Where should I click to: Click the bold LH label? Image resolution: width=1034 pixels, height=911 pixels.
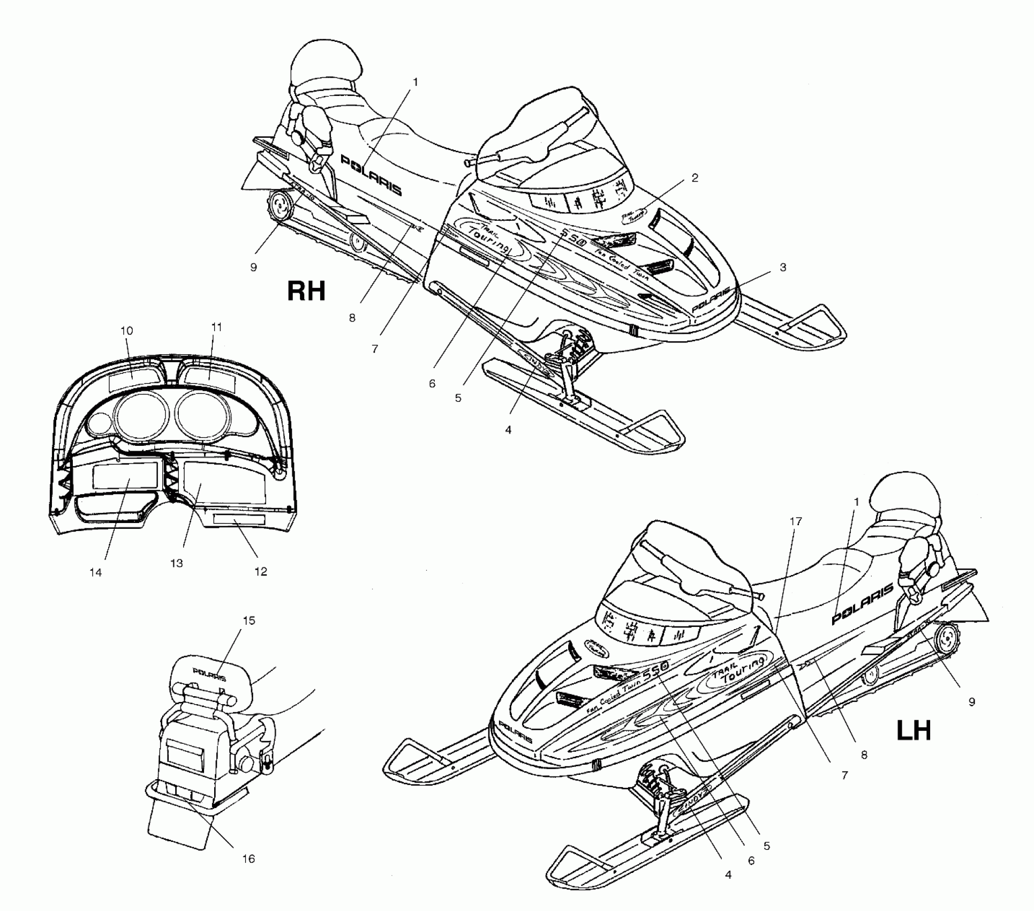click(914, 731)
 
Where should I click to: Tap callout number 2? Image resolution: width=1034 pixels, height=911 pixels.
click(695, 178)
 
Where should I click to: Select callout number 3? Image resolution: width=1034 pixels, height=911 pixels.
click(782, 267)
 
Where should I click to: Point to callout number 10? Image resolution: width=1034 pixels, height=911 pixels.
click(126, 331)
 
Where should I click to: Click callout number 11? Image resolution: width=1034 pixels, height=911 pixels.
click(216, 327)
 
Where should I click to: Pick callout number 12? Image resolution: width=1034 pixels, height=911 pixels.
click(260, 571)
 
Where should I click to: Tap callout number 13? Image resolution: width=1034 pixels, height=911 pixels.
click(176, 563)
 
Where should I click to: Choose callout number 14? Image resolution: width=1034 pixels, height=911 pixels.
click(95, 572)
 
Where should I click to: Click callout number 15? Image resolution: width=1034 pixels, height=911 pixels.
click(249, 621)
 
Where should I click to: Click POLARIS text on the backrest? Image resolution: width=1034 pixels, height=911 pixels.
click(209, 675)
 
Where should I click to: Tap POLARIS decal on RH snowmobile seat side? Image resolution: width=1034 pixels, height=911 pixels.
click(372, 175)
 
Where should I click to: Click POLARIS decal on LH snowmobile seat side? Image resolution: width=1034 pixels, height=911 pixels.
click(862, 604)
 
